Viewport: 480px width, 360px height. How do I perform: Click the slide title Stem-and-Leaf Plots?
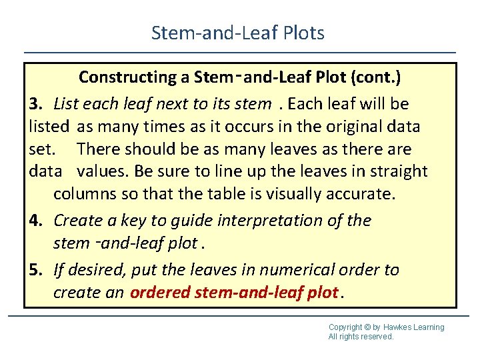click(238, 33)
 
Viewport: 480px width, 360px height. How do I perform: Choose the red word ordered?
click(160, 293)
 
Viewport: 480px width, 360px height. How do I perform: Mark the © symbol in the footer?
click(369, 327)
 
